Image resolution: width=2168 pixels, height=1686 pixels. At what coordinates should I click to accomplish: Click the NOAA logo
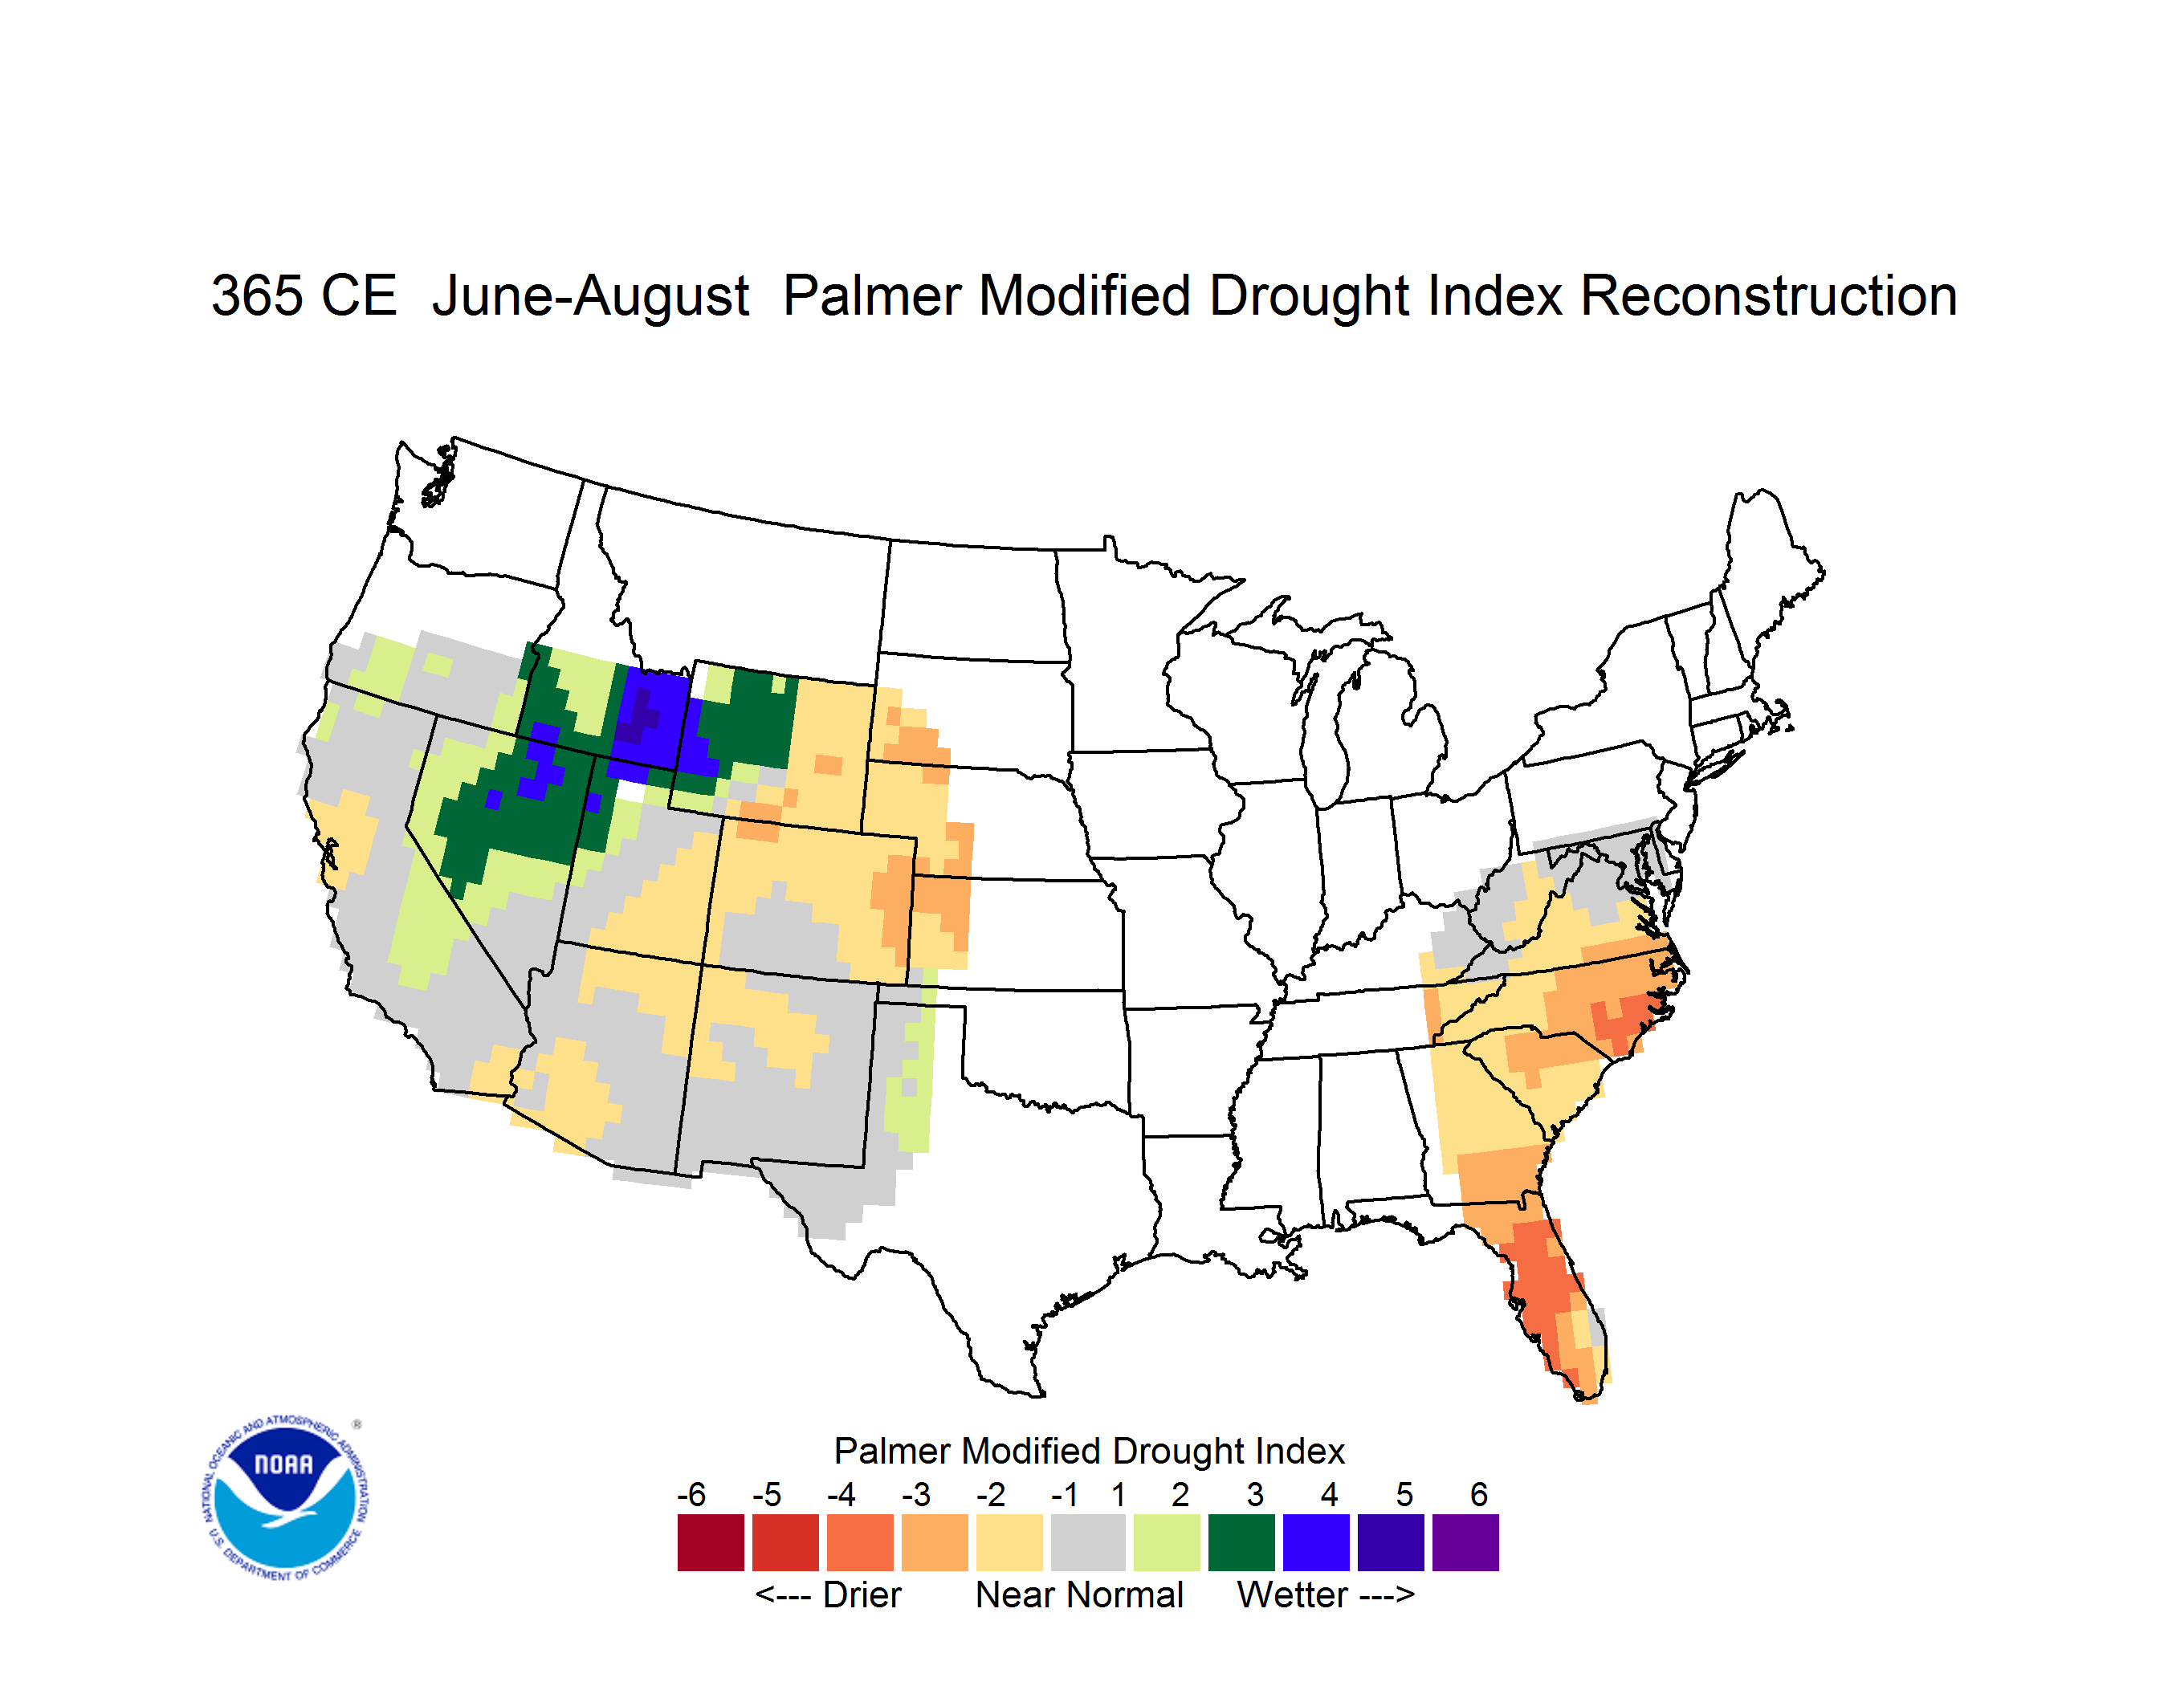pyautogui.click(x=285, y=1497)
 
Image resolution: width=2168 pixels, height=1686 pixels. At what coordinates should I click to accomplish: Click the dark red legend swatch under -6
pyautogui.click(x=711, y=1542)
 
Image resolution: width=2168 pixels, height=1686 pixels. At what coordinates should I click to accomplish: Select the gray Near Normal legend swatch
pyautogui.click(x=1088, y=1542)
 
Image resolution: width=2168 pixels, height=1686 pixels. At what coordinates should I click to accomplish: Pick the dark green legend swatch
pyautogui.click(x=1241, y=1542)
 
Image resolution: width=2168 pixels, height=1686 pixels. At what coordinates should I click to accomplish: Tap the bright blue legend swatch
pyautogui.click(x=1316, y=1542)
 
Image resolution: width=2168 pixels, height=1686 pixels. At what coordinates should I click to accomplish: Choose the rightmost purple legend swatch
pyautogui.click(x=1465, y=1542)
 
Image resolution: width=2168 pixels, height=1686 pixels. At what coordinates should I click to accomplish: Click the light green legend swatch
pyautogui.click(x=1167, y=1542)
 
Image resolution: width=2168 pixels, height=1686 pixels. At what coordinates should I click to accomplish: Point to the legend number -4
pyautogui.click(x=841, y=1494)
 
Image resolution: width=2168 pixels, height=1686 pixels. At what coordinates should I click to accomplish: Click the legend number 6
pyautogui.click(x=1479, y=1494)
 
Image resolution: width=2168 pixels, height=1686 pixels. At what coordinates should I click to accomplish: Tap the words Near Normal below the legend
pyautogui.click(x=1079, y=1594)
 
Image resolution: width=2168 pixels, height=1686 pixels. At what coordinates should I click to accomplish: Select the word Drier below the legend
pyautogui.click(x=862, y=1594)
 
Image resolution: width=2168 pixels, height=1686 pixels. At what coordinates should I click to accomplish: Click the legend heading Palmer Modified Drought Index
pyautogui.click(x=1089, y=1451)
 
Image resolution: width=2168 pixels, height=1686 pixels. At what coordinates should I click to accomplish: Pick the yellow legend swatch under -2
pyautogui.click(x=1009, y=1542)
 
